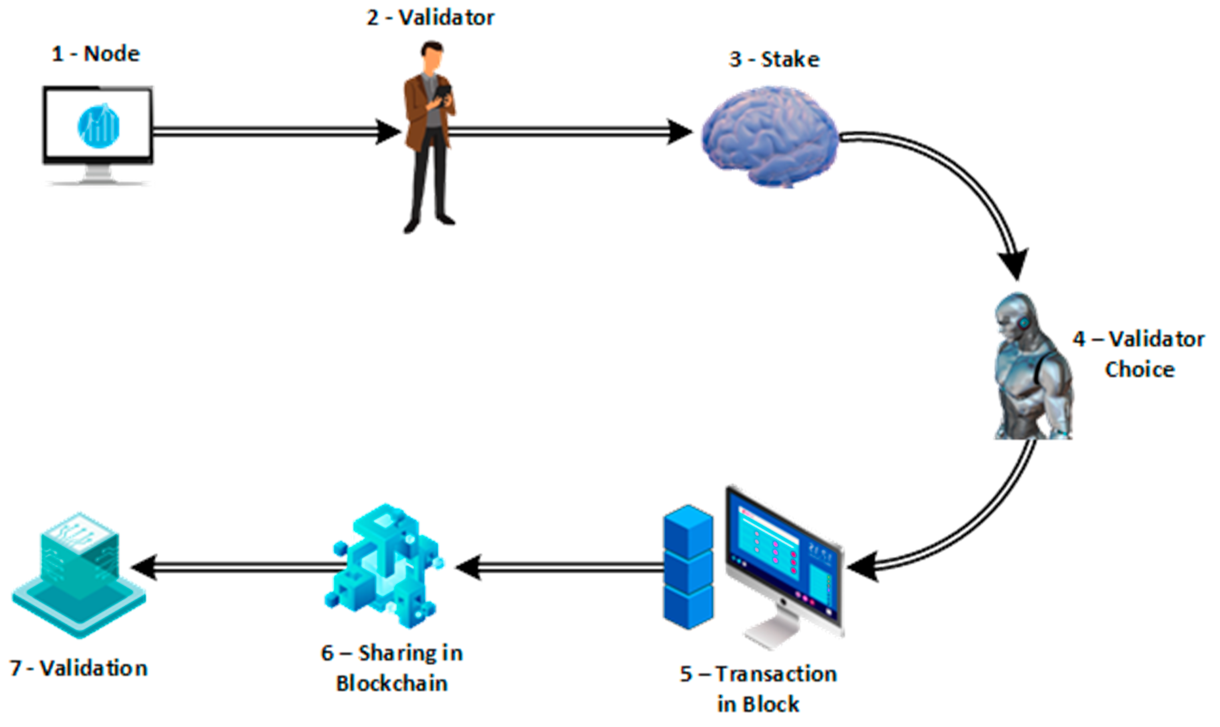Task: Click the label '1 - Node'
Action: coord(96,53)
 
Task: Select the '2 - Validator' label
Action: coord(431,18)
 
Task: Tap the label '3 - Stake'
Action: coord(774,60)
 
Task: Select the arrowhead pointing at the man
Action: coord(388,131)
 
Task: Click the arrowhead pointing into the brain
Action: coord(680,132)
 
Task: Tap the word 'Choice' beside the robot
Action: coord(1139,370)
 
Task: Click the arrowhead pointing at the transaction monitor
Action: coord(863,566)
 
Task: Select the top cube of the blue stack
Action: coord(688,531)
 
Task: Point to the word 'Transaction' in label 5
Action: coord(776,674)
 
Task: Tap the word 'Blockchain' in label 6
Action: coord(392,683)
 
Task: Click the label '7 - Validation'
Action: coord(79,668)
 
